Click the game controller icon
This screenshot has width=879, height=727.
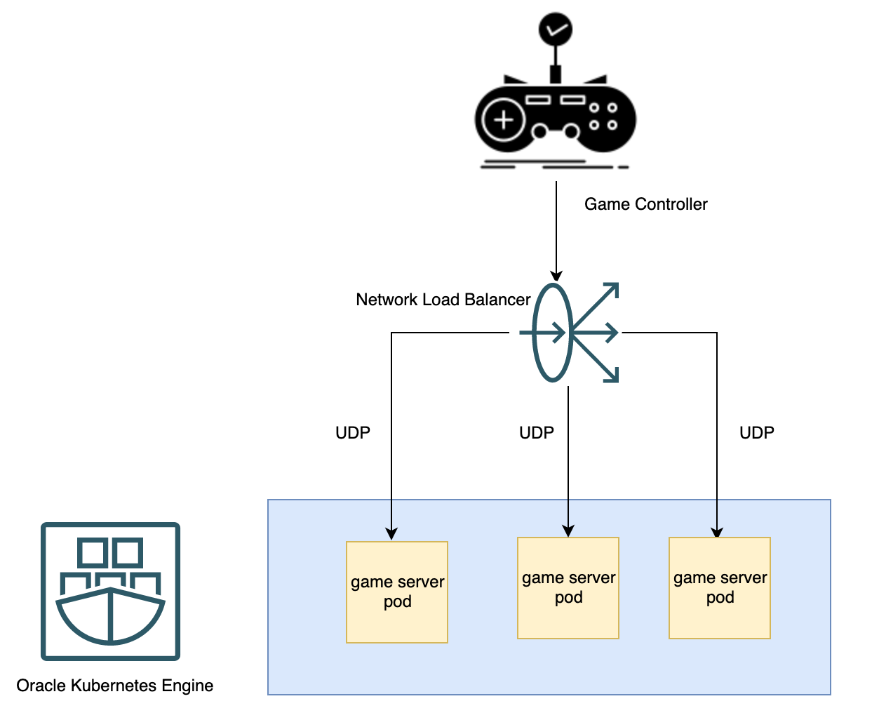pos(555,116)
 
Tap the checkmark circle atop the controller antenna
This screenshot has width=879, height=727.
pos(555,29)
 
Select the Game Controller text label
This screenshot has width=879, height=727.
pos(645,204)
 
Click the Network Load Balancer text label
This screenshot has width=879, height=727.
pos(443,300)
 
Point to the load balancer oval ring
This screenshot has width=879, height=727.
pos(552,333)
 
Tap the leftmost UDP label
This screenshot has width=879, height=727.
pos(352,433)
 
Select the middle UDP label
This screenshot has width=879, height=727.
pos(536,433)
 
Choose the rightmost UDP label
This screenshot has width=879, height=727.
pos(756,433)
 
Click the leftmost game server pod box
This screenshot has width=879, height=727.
pos(397,592)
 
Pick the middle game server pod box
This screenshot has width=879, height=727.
pos(568,587)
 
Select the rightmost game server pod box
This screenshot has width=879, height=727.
pos(720,587)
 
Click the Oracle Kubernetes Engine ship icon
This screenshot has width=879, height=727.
pos(110,591)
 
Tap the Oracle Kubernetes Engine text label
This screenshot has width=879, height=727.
pos(114,686)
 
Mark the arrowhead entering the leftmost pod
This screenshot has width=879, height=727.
pos(391,534)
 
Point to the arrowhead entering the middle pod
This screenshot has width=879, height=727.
pos(568,531)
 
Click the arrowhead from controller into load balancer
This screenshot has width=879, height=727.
pos(556,275)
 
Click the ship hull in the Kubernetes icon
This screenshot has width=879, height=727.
pos(110,618)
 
